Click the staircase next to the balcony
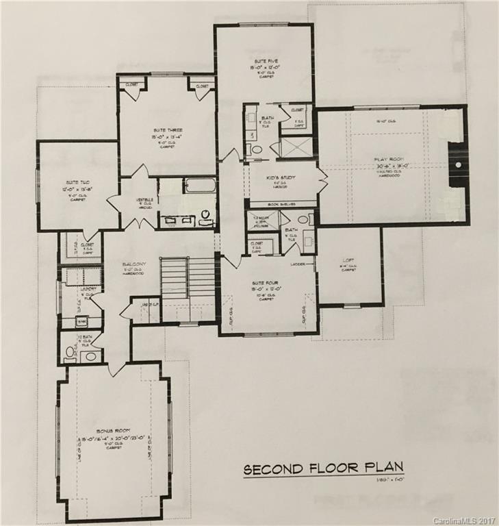click(188, 277)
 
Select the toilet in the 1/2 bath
click(71, 353)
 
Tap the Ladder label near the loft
click(297, 264)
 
